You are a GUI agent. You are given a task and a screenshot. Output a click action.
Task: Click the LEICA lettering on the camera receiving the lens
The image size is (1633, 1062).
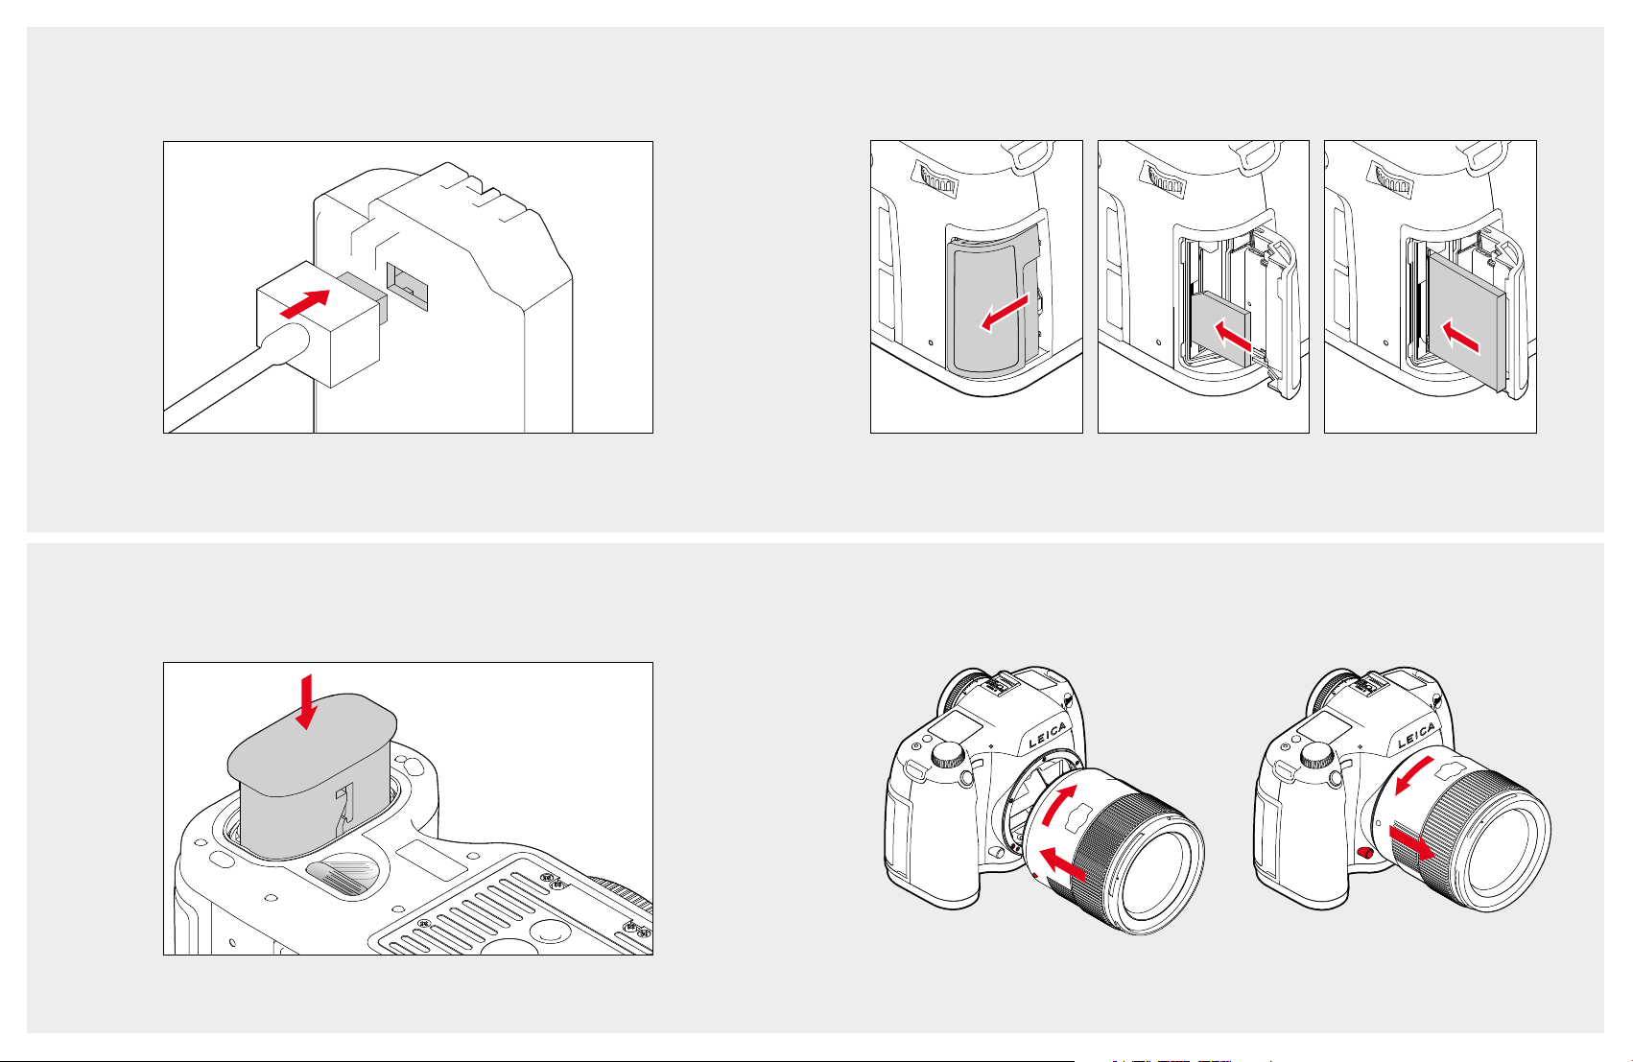(x=1048, y=739)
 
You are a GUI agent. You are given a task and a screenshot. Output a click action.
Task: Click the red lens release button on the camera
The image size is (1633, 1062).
(x=1365, y=853)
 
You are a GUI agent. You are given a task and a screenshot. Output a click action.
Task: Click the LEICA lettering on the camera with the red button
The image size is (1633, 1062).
(x=1419, y=736)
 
